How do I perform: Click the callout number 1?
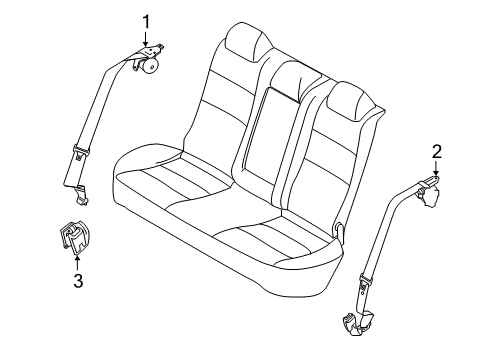click(x=146, y=20)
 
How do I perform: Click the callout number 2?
click(x=436, y=152)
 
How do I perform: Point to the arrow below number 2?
click(x=436, y=170)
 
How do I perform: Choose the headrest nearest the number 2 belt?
click(x=346, y=100)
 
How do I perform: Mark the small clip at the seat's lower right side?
click(x=343, y=232)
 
